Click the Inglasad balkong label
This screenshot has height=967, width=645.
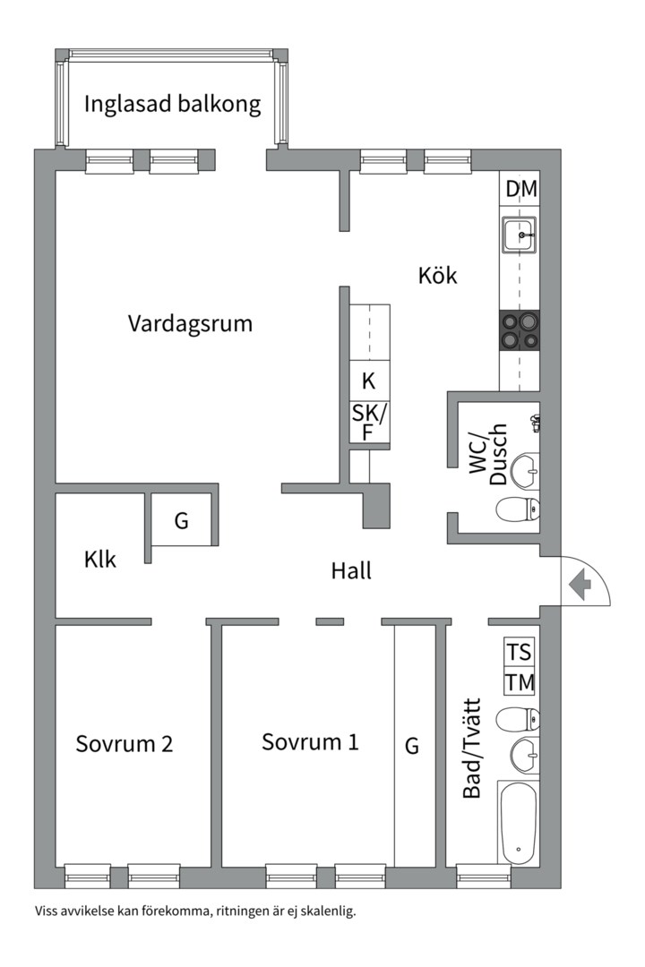pos(172,104)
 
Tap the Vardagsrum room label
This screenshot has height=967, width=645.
pos(190,322)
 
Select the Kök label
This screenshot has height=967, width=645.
pos(437,276)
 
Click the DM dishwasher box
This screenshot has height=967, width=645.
pos(520,189)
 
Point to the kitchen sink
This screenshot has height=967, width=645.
pos(520,235)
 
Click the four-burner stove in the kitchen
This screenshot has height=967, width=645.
pos(520,329)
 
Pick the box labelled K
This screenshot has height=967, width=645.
pos(369,381)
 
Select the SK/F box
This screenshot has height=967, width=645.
pos(369,422)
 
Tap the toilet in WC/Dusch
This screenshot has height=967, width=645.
pos(518,509)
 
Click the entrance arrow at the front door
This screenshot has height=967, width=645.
pos(580,585)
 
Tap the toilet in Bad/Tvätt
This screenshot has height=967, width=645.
pos(519,718)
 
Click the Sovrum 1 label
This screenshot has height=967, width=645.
pos(310,742)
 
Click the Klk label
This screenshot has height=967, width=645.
pos(100,559)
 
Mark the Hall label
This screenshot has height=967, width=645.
pos(351,570)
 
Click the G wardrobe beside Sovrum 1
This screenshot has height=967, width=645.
pos(412,746)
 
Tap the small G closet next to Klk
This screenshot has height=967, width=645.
pos(182,520)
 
